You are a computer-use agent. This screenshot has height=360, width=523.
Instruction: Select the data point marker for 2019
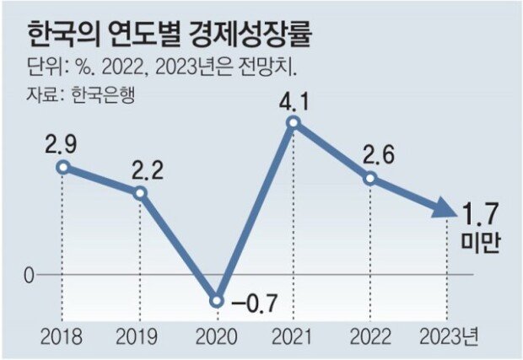pos(140,193)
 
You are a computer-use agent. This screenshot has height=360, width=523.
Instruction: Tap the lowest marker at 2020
pos(217,301)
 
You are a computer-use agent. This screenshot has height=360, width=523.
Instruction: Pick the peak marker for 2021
pos(293,123)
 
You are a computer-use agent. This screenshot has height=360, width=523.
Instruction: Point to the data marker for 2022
pos(369,179)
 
